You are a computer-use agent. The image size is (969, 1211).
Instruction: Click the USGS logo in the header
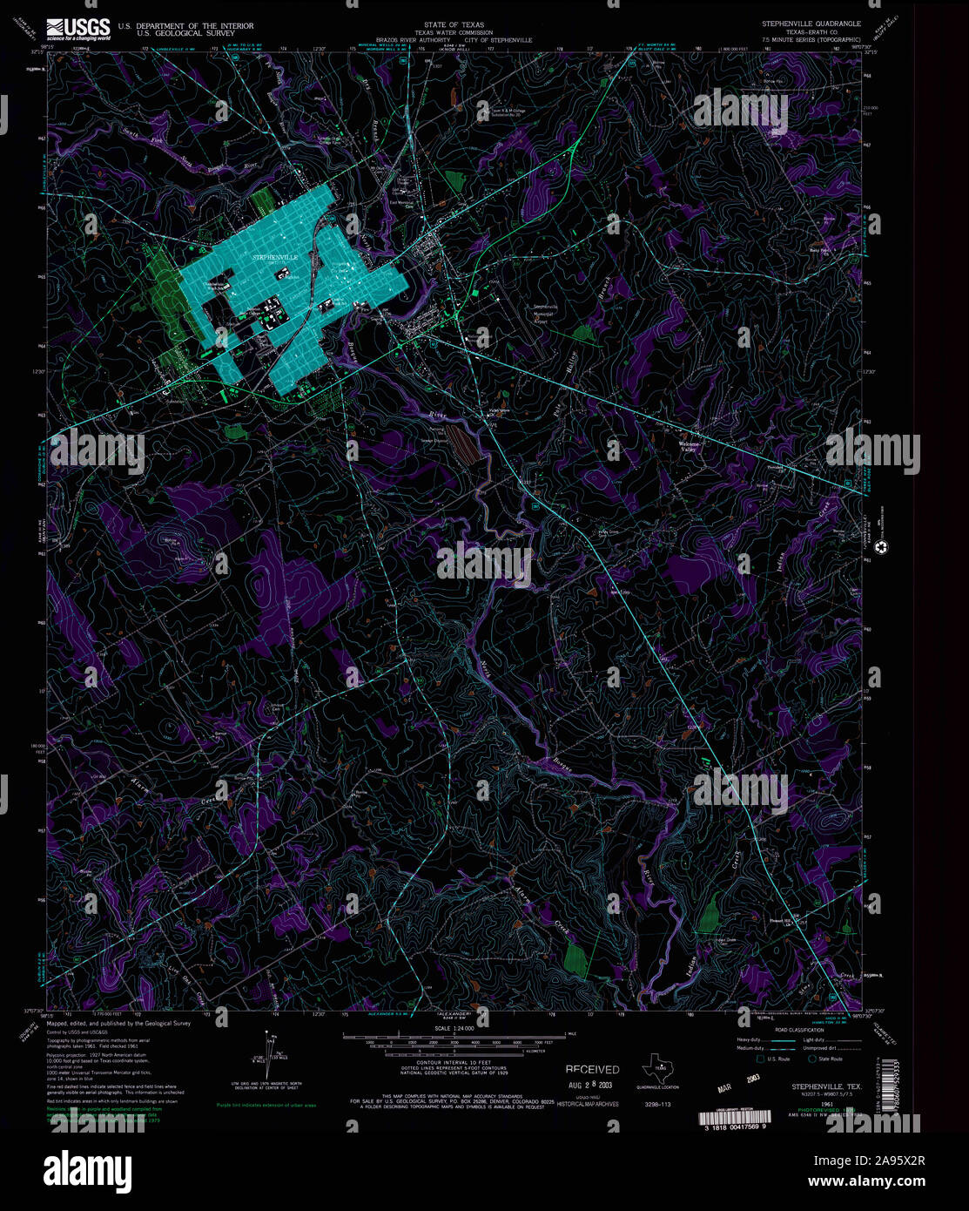point(78,30)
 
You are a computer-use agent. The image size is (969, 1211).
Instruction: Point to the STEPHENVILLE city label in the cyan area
point(275,258)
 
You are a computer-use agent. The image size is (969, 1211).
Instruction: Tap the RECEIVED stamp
point(592,1069)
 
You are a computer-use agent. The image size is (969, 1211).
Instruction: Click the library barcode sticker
point(737,1119)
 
